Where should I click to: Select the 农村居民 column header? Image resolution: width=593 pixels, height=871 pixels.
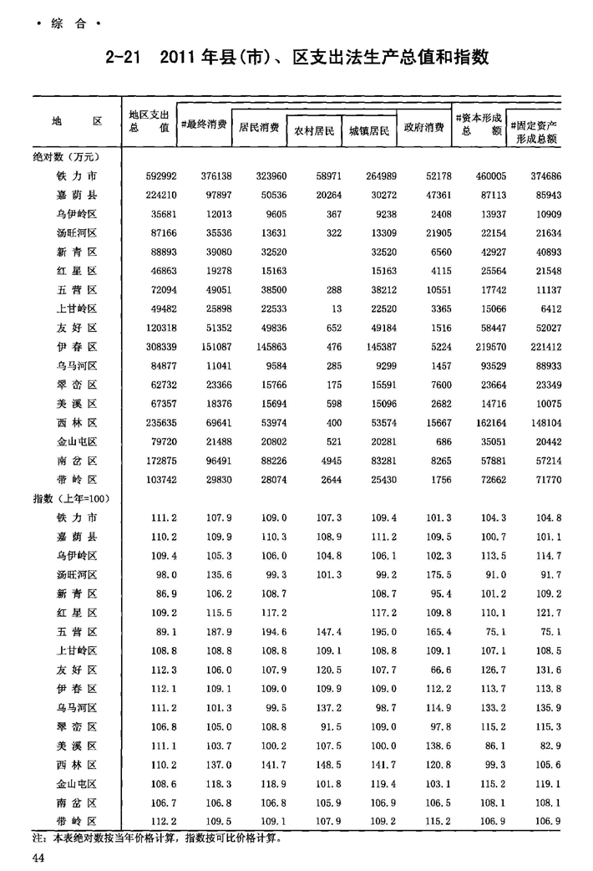[314, 132]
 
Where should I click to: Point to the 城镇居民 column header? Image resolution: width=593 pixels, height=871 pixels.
[369, 132]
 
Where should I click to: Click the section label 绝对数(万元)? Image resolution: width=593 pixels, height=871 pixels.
[64, 156]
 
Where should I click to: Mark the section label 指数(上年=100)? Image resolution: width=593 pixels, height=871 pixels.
[69, 499]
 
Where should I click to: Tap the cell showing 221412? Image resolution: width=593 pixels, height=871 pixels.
[540, 346]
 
